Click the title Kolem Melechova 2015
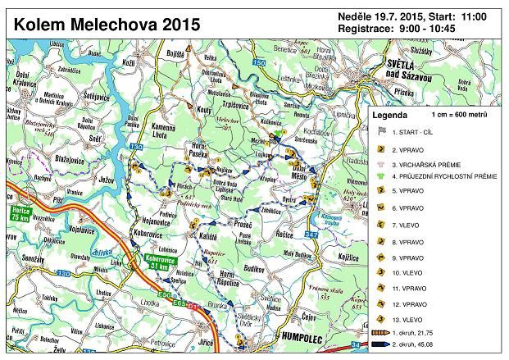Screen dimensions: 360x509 pos(106,24)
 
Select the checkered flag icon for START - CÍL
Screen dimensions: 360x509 pos(380,131)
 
